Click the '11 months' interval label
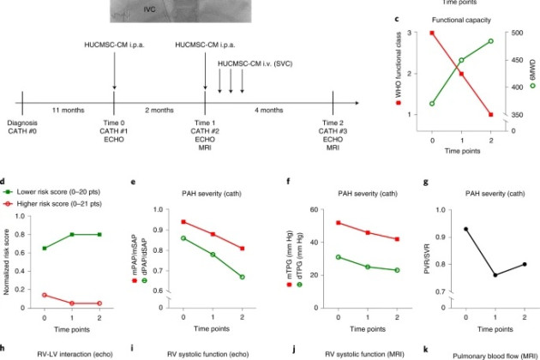click(67, 111)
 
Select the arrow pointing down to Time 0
click(114, 74)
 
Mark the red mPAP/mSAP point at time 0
click(183, 221)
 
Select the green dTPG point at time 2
click(396, 270)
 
